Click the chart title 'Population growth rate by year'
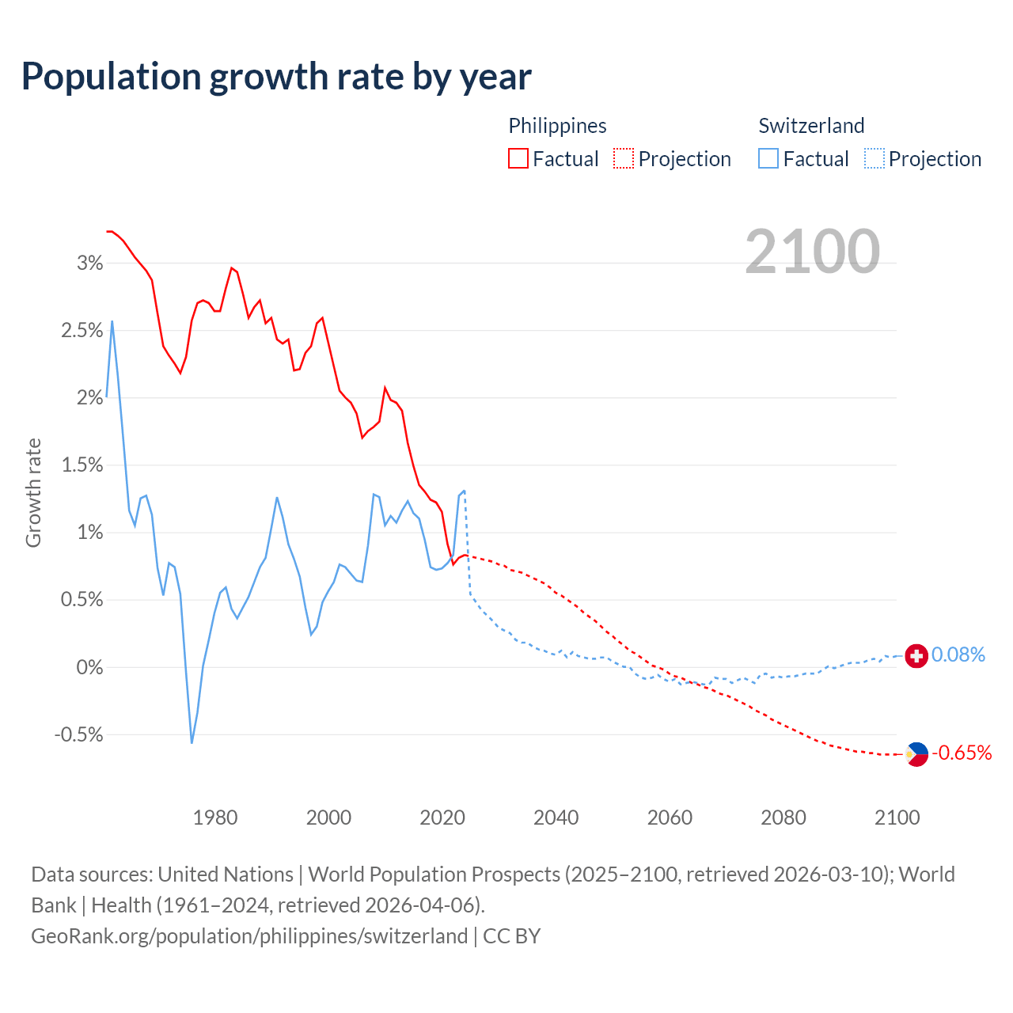tap(276, 77)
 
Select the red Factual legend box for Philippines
tap(518, 158)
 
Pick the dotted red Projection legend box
tap(624, 158)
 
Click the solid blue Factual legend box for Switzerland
tap(768, 158)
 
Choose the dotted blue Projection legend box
tap(874, 158)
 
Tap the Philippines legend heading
tap(557, 126)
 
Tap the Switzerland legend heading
tap(811, 126)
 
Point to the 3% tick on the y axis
tap(89, 264)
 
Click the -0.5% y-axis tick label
tap(78, 735)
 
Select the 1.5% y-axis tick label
tap(82, 465)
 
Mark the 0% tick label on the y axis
tap(89, 668)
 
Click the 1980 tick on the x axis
tap(215, 818)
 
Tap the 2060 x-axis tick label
tap(670, 818)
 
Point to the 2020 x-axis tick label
tap(442, 818)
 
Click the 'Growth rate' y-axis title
tap(33, 492)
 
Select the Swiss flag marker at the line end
tap(916, 655)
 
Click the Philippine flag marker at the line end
tap(916, 753)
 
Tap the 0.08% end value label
tap(958, 655)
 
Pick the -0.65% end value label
tap(962, 753)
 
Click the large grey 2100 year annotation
tap(812, 252)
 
